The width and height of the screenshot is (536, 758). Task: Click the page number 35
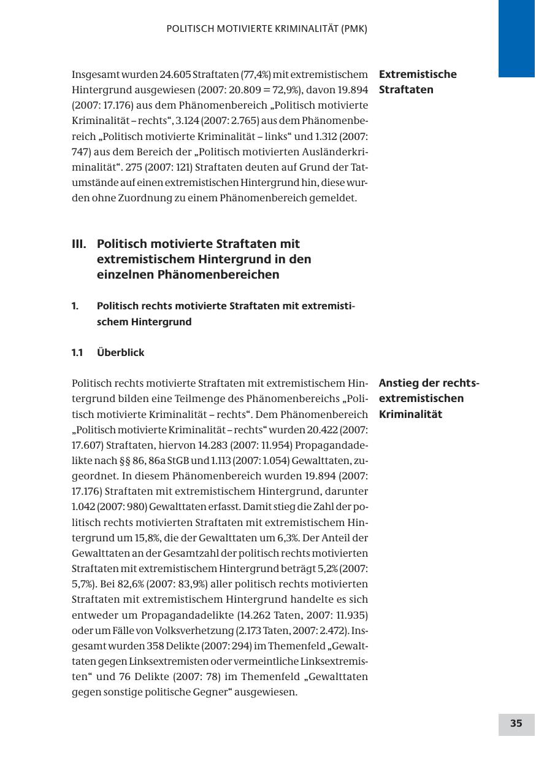(516, 724)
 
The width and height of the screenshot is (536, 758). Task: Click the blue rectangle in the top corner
(516, 38)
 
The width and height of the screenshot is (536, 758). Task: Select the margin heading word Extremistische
(418, 74)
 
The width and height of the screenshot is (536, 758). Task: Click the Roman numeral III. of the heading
(78, 244)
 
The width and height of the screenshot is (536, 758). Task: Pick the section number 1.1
(77, 352)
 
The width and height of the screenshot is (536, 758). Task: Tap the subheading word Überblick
(121, 352)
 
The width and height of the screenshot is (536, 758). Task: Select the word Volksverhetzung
(191, 630)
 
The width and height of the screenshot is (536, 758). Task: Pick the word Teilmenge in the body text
(201, 398)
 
